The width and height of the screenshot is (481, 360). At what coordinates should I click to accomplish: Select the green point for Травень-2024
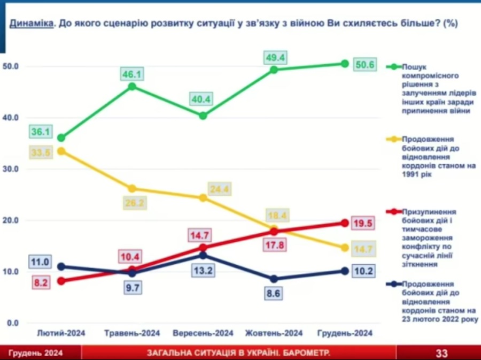[132, 86]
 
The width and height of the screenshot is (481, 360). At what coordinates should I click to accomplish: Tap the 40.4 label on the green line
[202, 99]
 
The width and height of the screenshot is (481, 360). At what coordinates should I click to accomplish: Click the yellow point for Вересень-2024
[203, 198]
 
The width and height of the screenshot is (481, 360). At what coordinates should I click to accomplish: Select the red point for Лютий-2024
[61, 281]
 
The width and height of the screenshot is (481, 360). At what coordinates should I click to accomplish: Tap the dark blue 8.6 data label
[274, 293]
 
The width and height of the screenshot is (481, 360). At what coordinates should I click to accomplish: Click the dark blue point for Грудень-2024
[345, 271]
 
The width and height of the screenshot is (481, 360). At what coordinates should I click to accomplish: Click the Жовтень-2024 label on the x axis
[274, 333]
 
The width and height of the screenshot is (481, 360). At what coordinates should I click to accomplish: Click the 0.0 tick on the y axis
[12, 323]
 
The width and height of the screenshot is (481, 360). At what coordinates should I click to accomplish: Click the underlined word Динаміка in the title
[31, 24]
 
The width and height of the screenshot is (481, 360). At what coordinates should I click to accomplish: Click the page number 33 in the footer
[441, 353]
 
